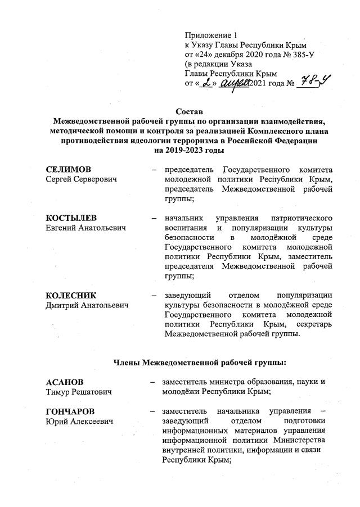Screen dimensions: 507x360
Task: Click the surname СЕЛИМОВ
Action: point(68,169)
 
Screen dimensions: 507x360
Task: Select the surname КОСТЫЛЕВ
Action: point(70,217)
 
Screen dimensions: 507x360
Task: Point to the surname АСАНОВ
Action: point(64,382)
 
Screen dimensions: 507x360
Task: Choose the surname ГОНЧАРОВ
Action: point(70,411)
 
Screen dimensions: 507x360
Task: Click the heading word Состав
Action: point(185,111)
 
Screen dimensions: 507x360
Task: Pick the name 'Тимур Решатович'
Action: point(79,392)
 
